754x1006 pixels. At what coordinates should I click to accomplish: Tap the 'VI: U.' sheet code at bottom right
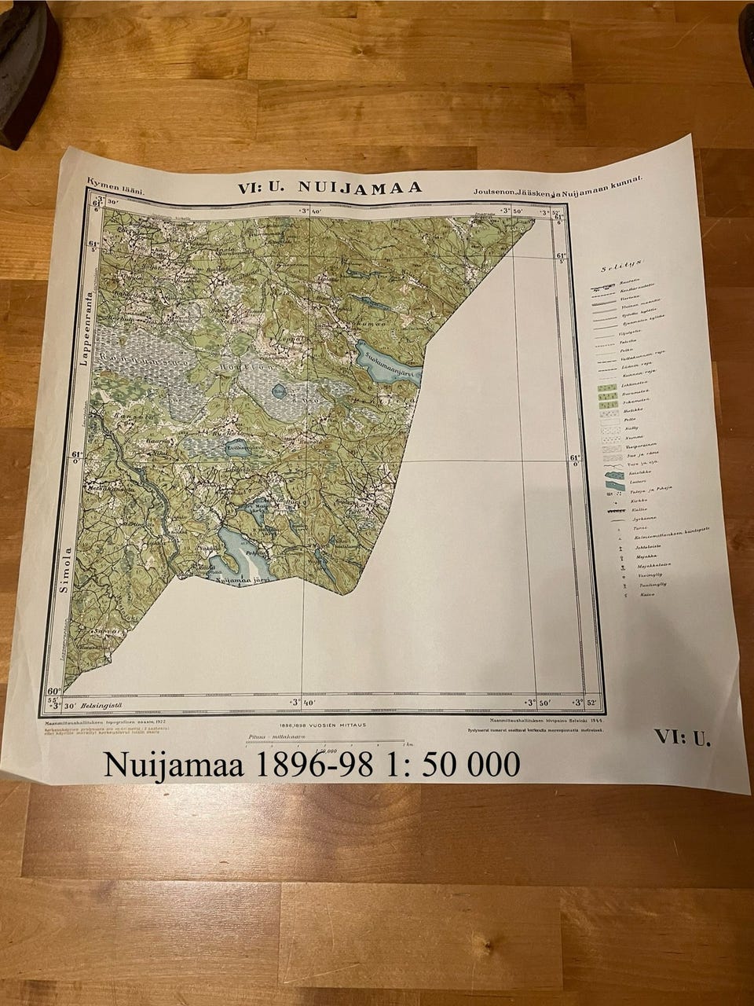tap(681, 737)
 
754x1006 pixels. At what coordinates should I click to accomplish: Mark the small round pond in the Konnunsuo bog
tap(280, 388)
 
